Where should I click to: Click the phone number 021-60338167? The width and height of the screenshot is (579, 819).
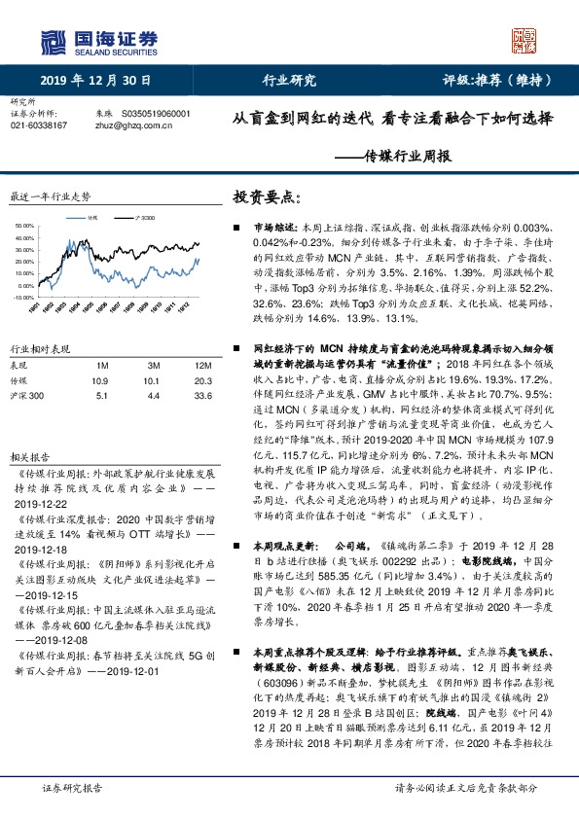coord(38,125)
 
